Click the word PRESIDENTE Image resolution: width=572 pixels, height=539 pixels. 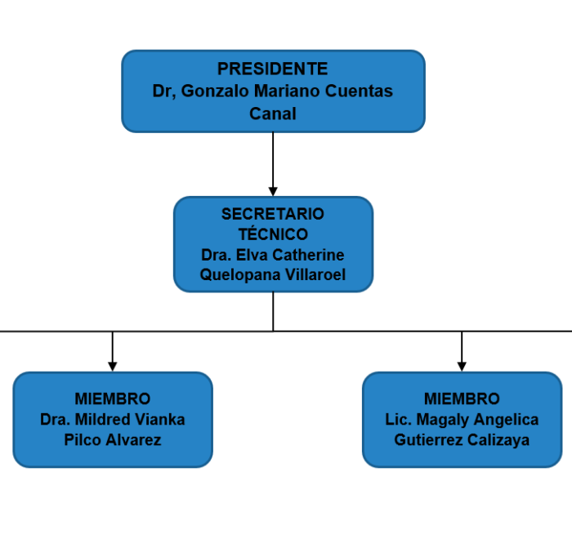[x=272, y=69]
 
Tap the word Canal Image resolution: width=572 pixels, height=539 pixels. [x=273, y=114]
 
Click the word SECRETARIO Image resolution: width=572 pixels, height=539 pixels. [x=272, y=214]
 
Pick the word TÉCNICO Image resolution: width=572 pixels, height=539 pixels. [x=273, y=234]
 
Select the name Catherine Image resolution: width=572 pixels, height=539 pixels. [x=308, y=255]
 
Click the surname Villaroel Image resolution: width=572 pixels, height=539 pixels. [x=315, y=274]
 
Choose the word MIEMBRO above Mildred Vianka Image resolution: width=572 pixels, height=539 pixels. [x=113, y=399]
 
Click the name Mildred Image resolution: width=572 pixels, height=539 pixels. [x=102, y=420]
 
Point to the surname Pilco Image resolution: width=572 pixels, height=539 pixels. [x=83, y=440]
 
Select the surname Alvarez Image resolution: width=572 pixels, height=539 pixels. [x=133, y=440]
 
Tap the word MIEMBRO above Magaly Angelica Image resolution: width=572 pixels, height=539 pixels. [x=462, y=399]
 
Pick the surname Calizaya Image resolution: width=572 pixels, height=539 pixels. [x=498, y=440]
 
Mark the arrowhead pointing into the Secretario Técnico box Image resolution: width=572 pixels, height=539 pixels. [x=273, y=191]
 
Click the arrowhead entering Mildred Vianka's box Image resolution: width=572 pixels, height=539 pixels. [x=113, y=367]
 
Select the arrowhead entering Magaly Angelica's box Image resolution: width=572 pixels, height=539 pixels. [x=462, y=367]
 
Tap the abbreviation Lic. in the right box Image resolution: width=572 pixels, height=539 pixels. [x=399, y=420]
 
